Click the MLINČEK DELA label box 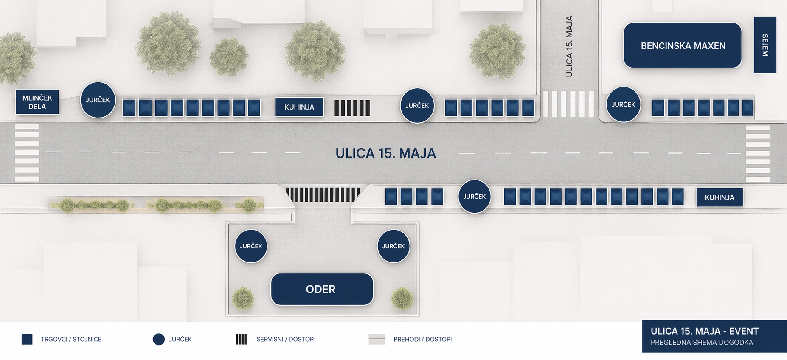tap(37, 102)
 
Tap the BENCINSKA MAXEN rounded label tap(683, 45)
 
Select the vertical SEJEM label tap(765, 45)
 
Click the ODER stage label tap(322, 289)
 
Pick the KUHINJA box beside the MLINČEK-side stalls tap(299, 107)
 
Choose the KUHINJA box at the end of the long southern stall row tap(720, 197)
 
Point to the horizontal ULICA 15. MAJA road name tap(385, 153)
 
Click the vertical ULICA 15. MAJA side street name tap(569, 46)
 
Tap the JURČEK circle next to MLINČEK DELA tap(98, 100)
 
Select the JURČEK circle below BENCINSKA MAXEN tap(623, 104)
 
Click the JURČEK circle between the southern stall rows tap(474, 197)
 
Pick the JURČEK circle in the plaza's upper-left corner tap(251, 246)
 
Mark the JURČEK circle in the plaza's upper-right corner tap(393, 246)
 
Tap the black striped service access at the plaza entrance tap(323, 194)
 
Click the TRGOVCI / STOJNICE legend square tap(27, 339)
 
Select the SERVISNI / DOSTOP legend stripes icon tap(242, 339)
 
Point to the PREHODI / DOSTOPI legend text tap(422, 340)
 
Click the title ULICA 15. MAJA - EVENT tap(705, 331)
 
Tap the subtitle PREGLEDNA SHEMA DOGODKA tap(702, 343)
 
